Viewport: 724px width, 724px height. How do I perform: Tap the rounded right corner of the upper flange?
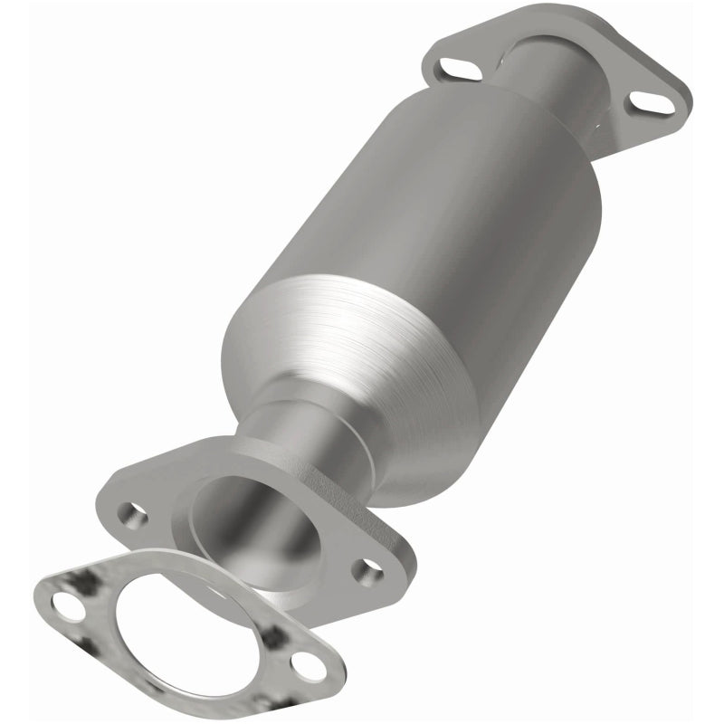[x=679, y=100]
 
